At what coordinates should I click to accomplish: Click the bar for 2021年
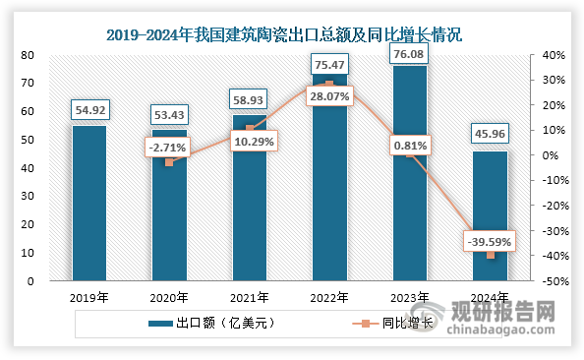(250, 197)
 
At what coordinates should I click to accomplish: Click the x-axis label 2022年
(330, 297)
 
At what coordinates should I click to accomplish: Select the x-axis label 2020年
(169, 297)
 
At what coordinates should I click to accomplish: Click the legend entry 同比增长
(385, 323)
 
